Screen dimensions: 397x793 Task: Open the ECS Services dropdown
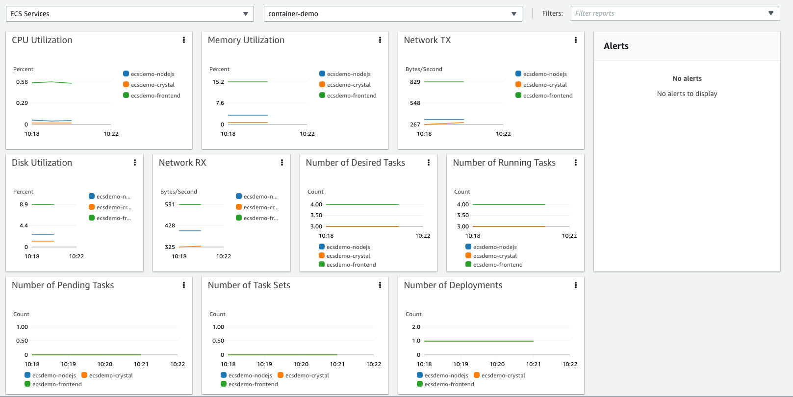(129, 14)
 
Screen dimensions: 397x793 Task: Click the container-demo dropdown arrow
(513, 14)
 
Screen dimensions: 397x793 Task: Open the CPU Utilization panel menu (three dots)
(184, 40)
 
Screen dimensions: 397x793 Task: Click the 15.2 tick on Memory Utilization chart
(218, 82)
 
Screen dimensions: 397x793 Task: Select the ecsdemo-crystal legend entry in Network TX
(544, 85)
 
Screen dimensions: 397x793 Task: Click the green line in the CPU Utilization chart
(51, 82)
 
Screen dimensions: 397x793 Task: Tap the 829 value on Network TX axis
(415, 82)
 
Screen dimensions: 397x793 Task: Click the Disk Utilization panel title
(42, 163)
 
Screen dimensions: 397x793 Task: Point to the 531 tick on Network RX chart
(170, 204)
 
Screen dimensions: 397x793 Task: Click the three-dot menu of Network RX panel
(282, 163)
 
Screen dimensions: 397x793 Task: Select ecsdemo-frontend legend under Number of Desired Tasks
(351, 265)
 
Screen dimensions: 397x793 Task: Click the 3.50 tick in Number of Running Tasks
(462, 215)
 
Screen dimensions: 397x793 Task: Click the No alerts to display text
(687, 94)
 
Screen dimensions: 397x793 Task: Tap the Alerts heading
(616, 46)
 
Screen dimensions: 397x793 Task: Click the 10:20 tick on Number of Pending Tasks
(104, 364)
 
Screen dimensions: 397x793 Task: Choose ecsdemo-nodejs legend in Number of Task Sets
(250, 375)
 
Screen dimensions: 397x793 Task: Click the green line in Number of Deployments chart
(478, 341)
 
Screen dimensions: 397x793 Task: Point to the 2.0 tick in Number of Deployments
(416, 327)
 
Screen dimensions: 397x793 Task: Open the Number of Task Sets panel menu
(380, 285)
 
